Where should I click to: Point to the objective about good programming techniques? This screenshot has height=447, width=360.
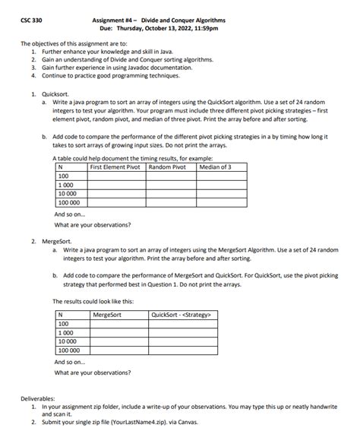(118, 75)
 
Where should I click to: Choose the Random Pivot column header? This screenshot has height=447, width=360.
(167, 167)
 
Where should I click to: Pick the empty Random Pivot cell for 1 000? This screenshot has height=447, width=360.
(171, 185)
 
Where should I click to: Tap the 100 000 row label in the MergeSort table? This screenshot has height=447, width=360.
(69, 350)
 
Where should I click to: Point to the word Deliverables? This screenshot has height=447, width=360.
(37, 399)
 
